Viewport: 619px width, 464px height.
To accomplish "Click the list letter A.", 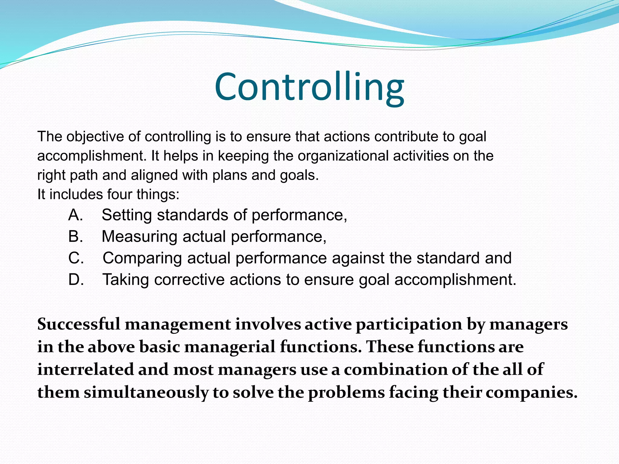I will [75, 215].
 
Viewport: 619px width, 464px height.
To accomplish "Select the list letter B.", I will [75, 237].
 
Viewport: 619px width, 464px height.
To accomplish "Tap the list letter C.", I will [76, 258].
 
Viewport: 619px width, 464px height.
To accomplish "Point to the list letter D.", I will [76, 280].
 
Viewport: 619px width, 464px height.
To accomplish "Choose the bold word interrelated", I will [86, 370].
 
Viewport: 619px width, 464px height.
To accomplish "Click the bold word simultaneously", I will [146, 393].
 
